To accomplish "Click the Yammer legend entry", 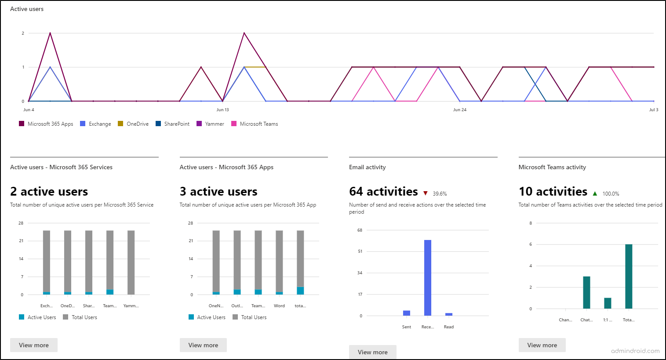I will coord(210,124).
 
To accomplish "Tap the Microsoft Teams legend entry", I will coord(255,124).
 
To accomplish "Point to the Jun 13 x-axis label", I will coord(223,110).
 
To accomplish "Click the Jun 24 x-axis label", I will coord(460,110).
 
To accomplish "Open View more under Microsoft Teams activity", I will coord(542,345).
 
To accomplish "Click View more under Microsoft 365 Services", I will coord(34,345).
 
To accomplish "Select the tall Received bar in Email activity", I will coord(428,278).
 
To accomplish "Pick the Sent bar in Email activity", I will coord(407,313).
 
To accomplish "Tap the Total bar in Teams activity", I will coord(629,276).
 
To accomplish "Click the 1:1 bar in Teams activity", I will coord(608,303).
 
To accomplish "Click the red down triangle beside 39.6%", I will coord(426,193).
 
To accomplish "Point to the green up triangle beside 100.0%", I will coord(595,193).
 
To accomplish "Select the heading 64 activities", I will coord(383,192).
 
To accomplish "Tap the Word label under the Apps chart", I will coord(279,306).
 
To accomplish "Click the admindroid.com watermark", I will coord(635,351).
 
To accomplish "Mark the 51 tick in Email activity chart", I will coord(360,251).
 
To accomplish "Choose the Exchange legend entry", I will coord(95,124).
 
